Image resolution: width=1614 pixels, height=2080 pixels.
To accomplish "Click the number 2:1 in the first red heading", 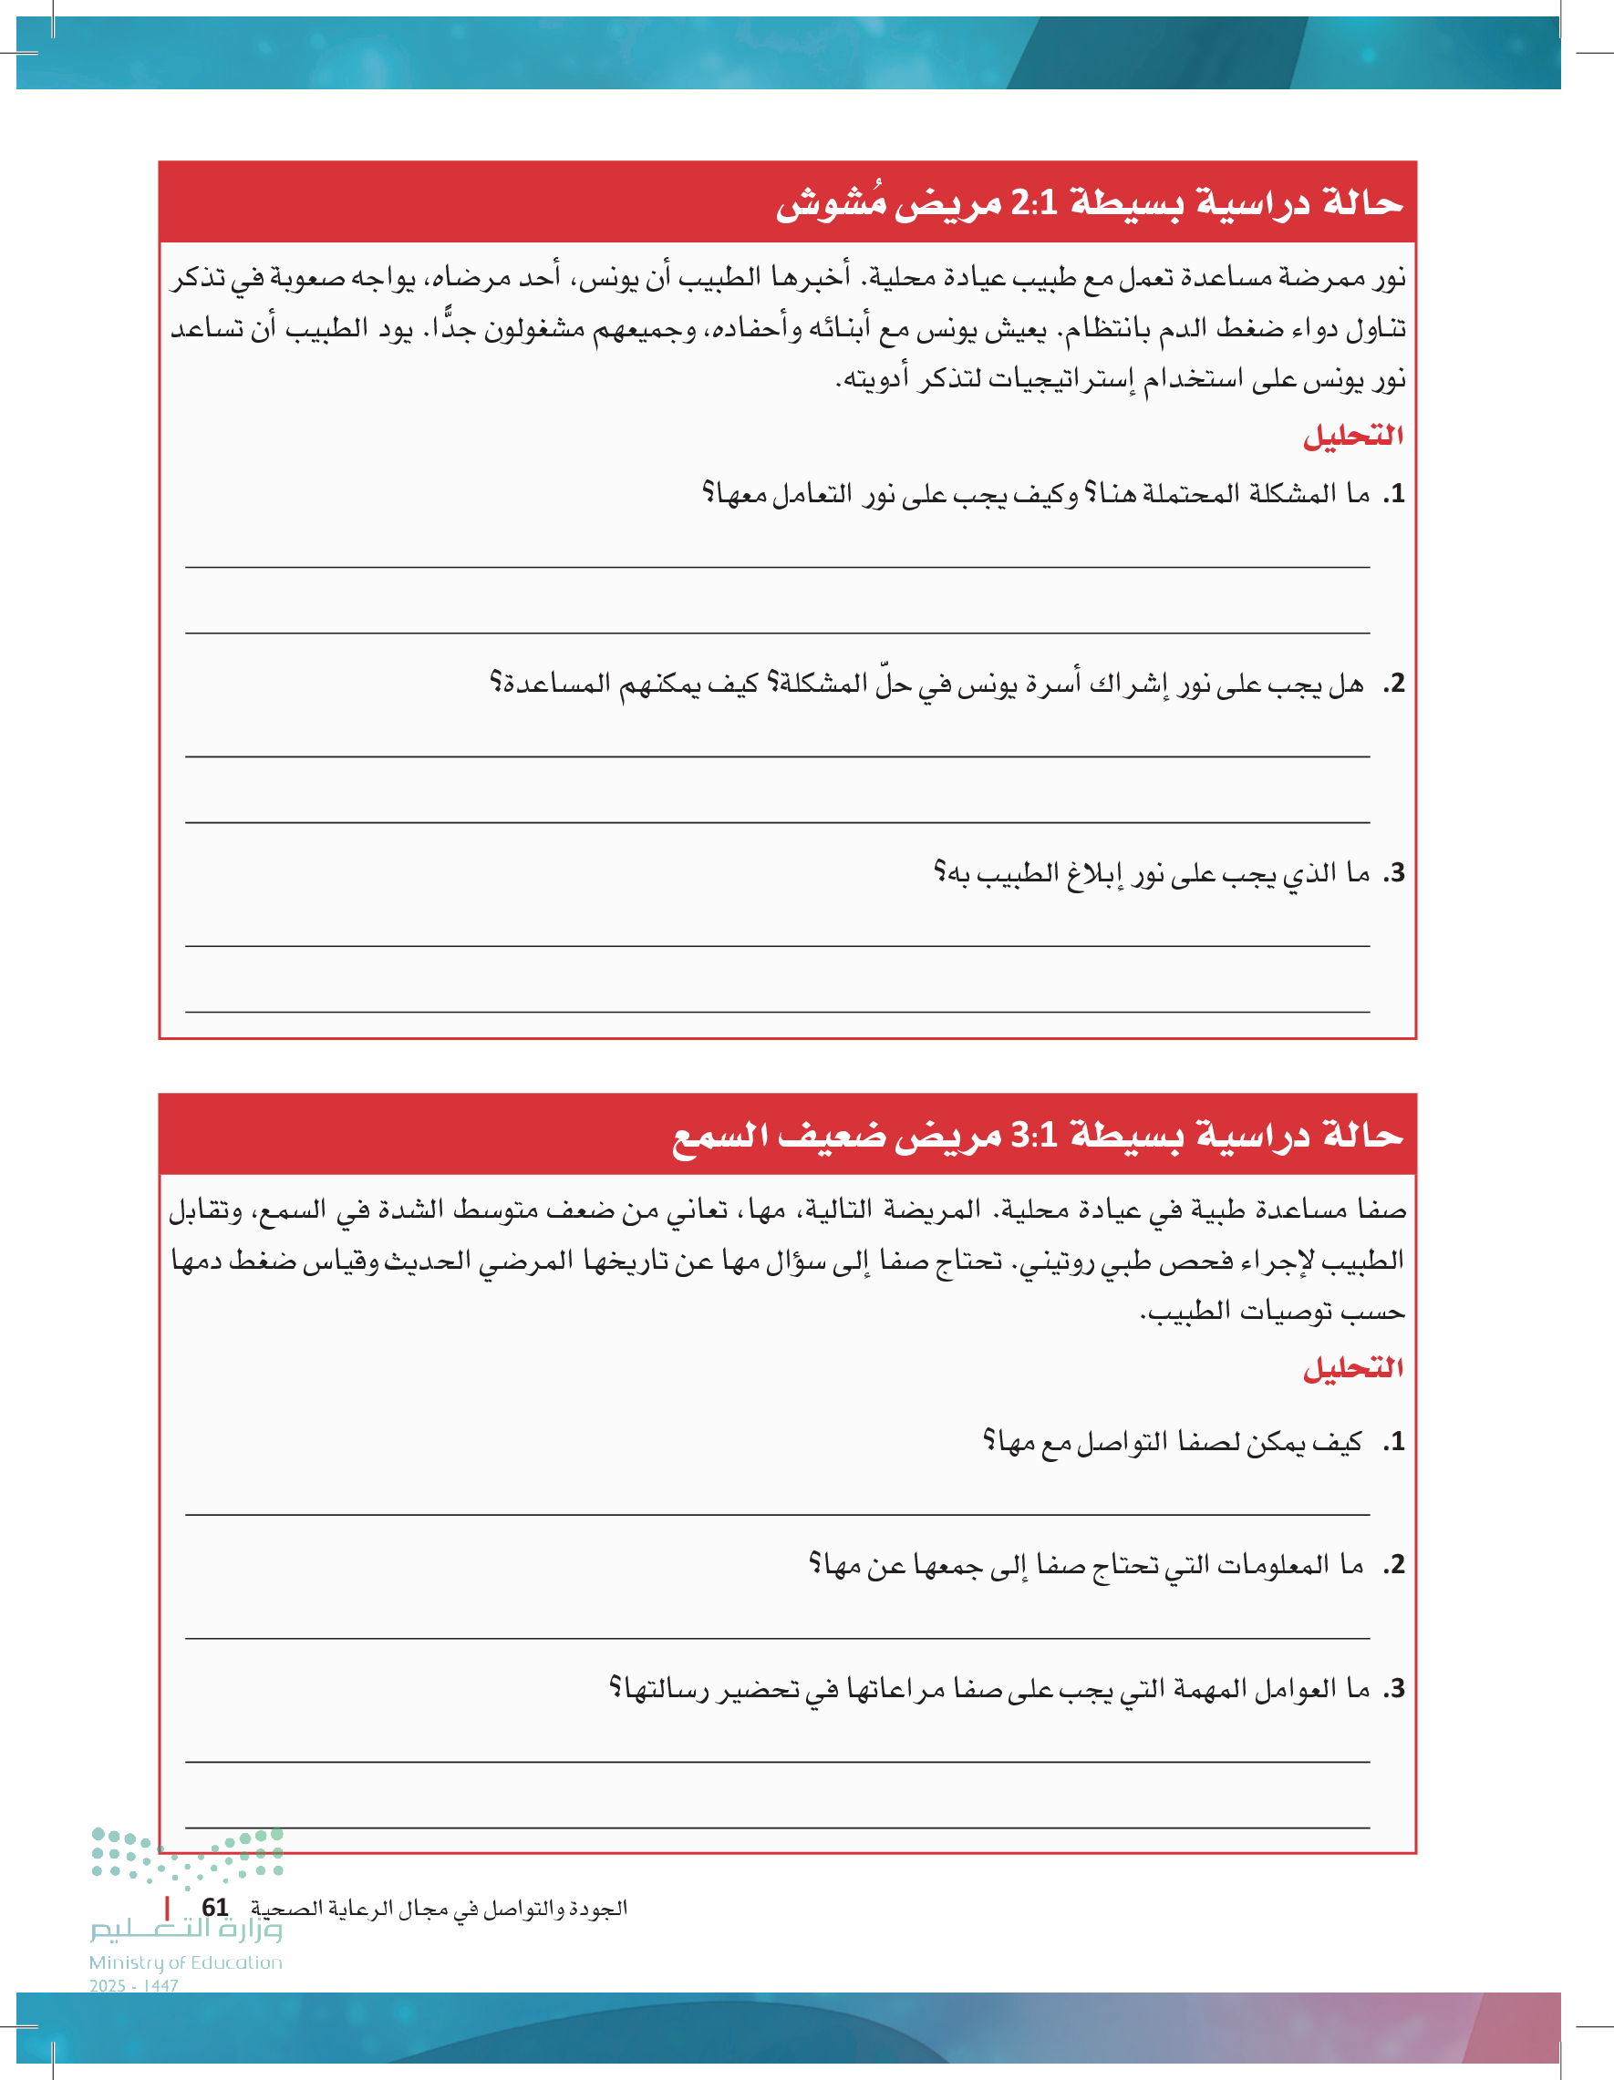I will coord(1034,203).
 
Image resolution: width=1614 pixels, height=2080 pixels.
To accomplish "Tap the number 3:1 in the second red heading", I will coord(1034,1135).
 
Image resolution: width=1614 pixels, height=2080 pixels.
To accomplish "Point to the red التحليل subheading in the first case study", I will coord(1353,437).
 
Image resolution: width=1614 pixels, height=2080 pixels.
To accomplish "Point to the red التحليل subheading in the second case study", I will coord(1353,1368).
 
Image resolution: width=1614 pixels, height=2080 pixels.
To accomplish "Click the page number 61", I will coord(215,1908).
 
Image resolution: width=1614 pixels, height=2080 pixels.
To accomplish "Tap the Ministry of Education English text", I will coord(186,1962).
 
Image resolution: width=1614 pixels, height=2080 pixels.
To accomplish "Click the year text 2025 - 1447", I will coord(134,1986).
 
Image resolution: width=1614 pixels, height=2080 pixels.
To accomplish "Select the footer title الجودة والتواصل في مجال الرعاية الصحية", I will coord(440,1909).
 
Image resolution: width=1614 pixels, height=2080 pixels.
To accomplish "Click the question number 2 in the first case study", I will coord(1396,684).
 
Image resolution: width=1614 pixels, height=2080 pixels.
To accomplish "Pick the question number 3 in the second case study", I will coord(1396,1689).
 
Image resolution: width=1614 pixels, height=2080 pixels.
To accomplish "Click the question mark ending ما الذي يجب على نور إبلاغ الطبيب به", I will coord(939,873).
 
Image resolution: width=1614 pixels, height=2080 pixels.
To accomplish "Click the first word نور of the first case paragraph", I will coord(1387,278).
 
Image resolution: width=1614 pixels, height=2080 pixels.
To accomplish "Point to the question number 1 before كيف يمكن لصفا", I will coord(1396,1442).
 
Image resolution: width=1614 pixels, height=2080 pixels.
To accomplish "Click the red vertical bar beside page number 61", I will coord(168,1908).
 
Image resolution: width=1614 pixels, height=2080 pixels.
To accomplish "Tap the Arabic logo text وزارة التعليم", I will coord(186,1931).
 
